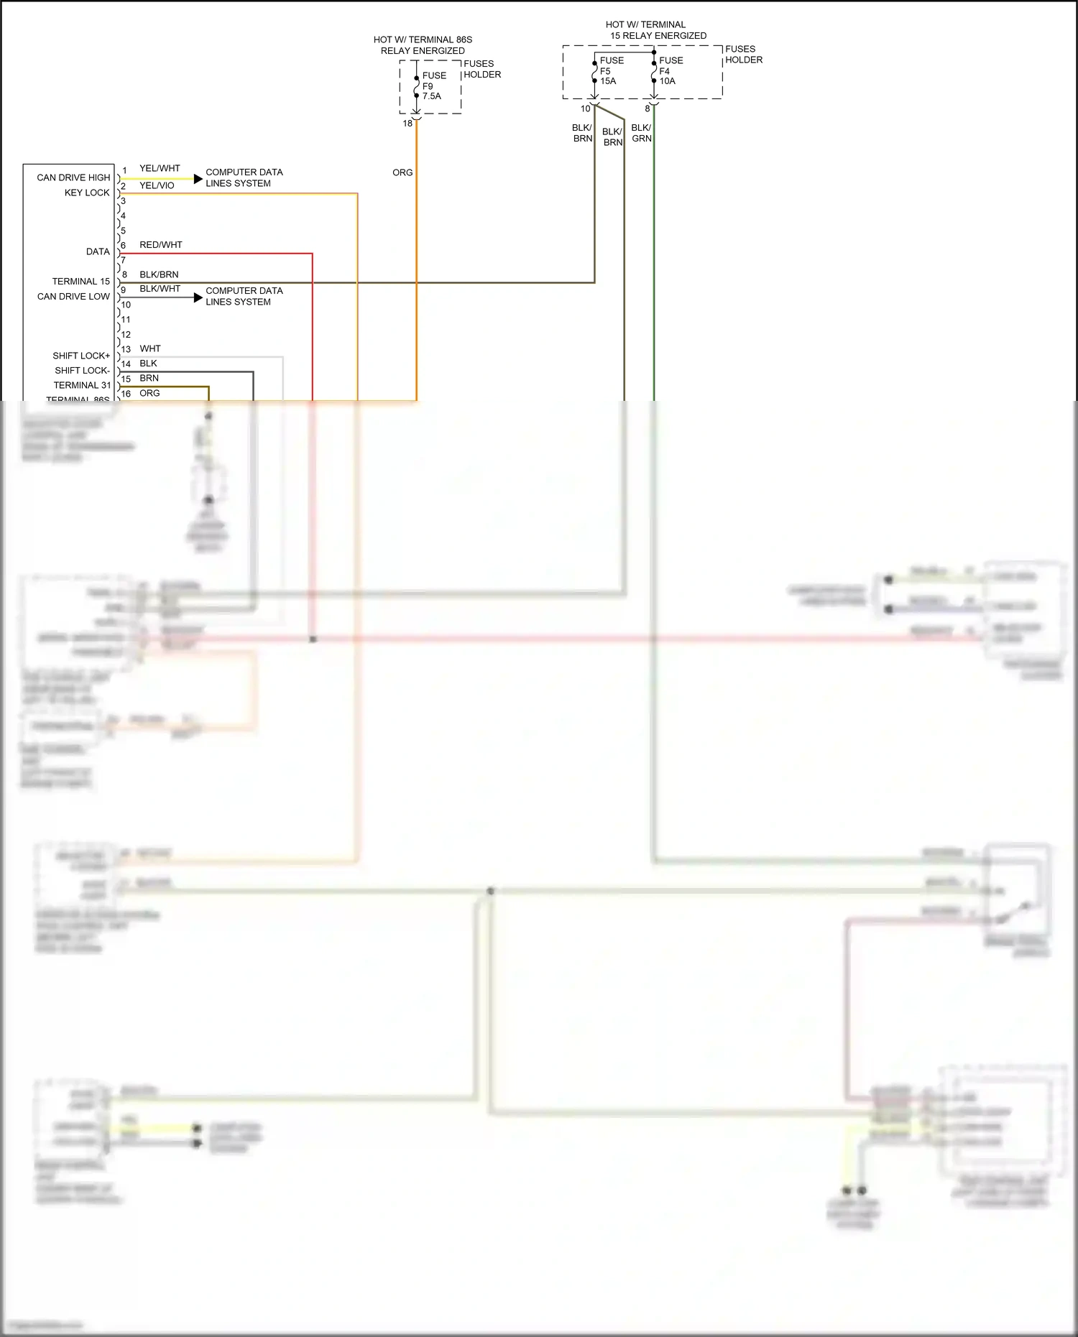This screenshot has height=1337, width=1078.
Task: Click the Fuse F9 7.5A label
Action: [x=433, y=85]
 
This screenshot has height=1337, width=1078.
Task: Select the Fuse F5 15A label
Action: [x=611, y=70]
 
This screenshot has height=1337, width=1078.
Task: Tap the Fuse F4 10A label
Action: [x=670, y=70]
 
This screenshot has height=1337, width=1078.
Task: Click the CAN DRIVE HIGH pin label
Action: [x=73, y=177]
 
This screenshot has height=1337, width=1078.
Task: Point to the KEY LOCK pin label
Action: [x=87, y=193]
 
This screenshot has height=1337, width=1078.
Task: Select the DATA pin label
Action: [x=98, y=251]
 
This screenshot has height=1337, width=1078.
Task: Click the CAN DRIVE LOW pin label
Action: [x=73, y=296]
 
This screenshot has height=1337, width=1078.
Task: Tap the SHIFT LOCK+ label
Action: [x=81, y=356]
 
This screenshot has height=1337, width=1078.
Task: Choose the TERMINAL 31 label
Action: [x=82, y=385]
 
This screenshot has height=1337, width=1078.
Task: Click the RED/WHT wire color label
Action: [x=160, y=245]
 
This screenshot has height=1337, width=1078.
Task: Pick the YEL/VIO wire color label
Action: [x=157, y=185]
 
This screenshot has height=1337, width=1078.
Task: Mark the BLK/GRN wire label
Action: [x=641, y=133]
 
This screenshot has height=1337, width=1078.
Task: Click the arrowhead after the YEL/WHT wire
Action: [x=198, y=178]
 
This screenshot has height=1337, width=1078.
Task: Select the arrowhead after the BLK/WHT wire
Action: [x=198, y=297]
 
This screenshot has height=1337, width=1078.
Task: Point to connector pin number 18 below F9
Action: [x=407, y=124]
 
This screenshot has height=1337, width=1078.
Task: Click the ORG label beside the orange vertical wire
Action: [x=402, y=172]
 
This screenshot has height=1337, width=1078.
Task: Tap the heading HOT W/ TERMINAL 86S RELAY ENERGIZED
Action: [x=423, y=45]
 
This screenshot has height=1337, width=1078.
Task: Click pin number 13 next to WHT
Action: [x=126, y=349]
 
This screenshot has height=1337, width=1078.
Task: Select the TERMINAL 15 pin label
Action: [x=80, y=281]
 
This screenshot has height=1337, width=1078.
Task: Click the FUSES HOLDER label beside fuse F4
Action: [x=743, y=55]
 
